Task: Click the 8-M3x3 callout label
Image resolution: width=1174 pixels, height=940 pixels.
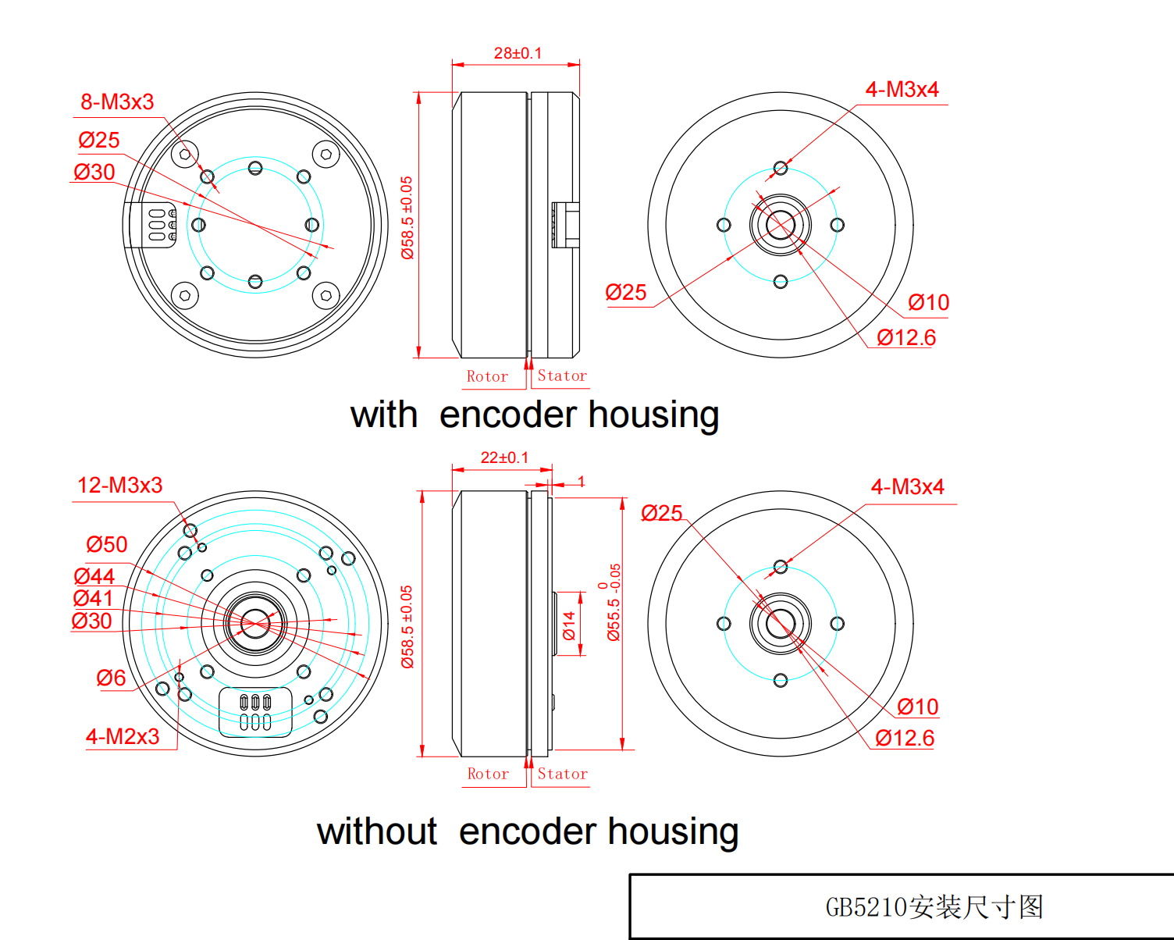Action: tap(117, 102)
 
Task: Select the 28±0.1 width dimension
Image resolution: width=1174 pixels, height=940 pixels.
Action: tap(518, 53)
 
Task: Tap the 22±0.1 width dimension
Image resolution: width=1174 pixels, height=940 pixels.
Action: tap(504, 458)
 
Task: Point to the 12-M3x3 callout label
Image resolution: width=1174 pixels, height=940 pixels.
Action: tap(120, 485)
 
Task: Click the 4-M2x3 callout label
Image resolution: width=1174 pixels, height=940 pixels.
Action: tap(123, 736)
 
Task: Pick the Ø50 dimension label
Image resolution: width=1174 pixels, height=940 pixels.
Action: tap(106, 544)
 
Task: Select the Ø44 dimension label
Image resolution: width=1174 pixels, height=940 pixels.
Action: tap(94, 576)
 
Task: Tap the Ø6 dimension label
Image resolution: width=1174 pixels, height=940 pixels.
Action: tap(111, 678)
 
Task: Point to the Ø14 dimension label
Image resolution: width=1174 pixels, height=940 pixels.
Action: tap(569, 625)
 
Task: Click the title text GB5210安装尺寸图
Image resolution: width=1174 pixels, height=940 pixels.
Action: tap(934, 906)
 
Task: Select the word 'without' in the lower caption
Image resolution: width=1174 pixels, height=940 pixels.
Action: tap(376, 831)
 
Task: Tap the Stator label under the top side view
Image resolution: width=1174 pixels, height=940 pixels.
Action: tap(562, 376)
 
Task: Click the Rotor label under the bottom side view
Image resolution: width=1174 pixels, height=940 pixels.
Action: tap(488, 774)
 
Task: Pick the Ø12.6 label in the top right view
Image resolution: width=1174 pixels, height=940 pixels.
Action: tap(906, 338)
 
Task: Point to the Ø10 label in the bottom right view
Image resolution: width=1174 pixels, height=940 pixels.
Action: tap(918, 707)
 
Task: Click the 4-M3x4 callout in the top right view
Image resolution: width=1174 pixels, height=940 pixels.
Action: tap(902, 89)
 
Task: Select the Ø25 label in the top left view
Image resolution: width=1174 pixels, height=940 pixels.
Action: tap(98, 140)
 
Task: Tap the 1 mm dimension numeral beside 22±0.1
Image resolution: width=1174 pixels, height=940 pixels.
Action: tap(582, 481)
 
